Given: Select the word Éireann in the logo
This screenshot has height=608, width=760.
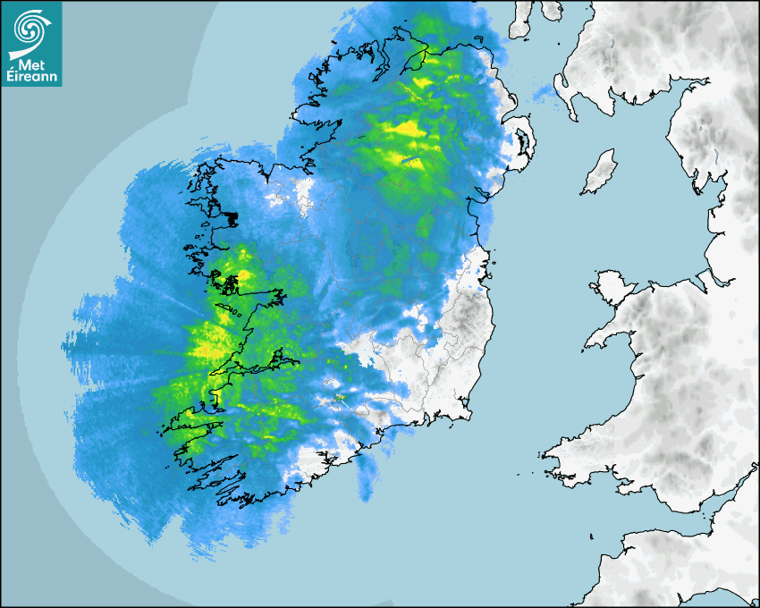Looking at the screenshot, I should click(x=31, y=78).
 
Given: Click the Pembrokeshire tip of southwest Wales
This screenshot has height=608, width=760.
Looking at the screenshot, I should click(x=559, y=456).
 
